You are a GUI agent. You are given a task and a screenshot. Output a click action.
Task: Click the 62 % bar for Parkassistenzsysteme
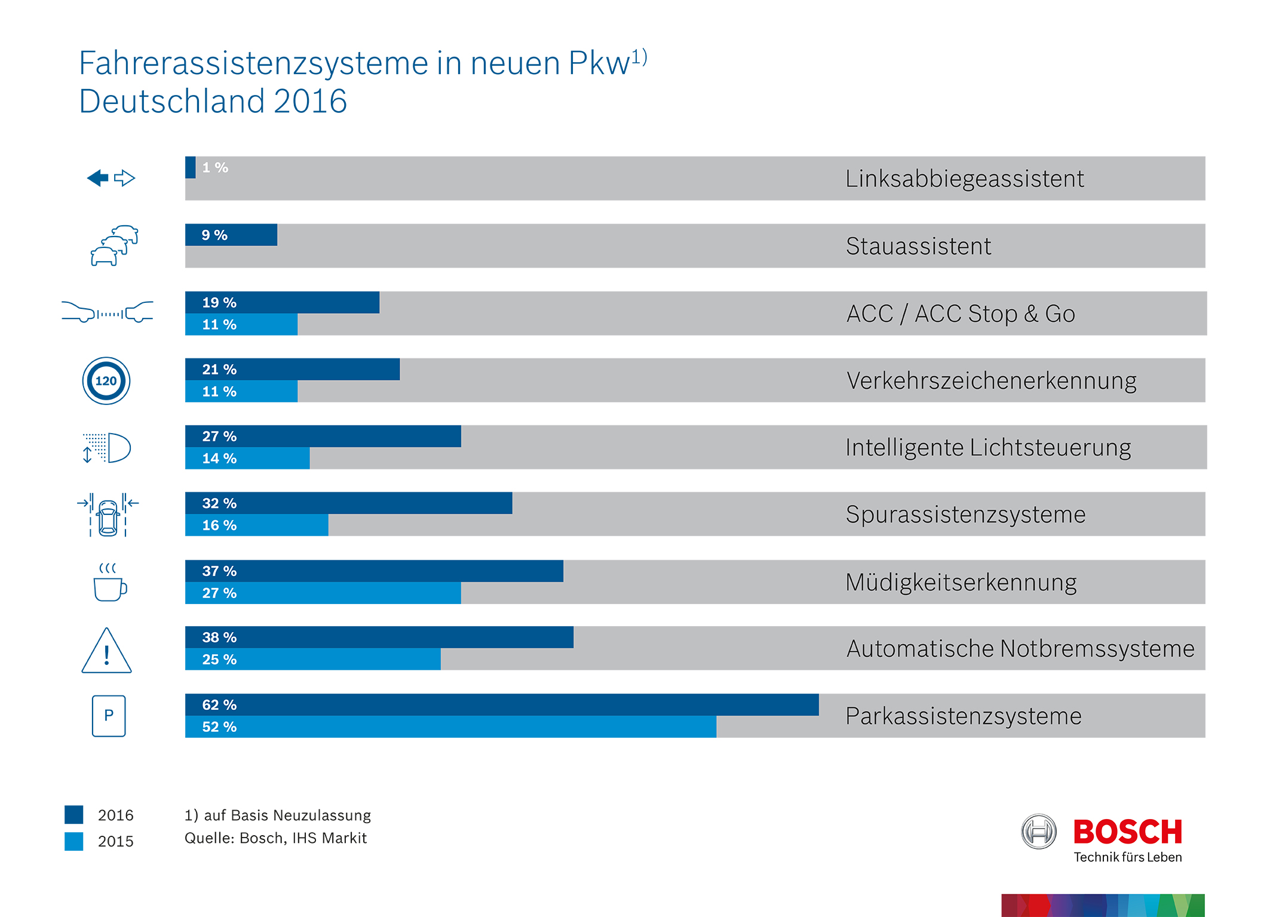click(502, 705)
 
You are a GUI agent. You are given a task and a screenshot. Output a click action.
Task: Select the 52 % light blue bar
click(450, 727)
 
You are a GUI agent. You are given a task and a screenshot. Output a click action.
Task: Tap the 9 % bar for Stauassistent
click(231, 235)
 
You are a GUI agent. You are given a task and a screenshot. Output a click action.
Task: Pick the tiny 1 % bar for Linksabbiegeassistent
click(191, 167)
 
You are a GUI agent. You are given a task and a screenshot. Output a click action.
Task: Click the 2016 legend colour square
click(74, 815)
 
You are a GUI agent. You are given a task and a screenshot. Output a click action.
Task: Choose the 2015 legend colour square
click(74, 841)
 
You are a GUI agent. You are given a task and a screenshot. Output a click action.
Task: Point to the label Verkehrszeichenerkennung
click(991, 381)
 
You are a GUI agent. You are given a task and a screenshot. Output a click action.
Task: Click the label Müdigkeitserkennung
click(961, 582)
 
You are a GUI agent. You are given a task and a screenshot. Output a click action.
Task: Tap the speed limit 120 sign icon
click(106, 381)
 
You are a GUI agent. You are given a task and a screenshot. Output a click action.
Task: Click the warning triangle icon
click(106, 652)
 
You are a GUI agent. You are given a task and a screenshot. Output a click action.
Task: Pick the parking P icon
click(109, 716)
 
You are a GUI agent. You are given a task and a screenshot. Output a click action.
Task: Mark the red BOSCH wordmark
click(1127, 832)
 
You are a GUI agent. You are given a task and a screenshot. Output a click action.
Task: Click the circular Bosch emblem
click(1039, 832)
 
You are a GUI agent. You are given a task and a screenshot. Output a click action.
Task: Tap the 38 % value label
click(219, 637)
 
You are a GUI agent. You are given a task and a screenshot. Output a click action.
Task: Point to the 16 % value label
click(219, 525)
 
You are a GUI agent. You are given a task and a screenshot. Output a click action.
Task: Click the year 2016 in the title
click(310, 101)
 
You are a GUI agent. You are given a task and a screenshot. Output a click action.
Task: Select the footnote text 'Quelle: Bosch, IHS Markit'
click(275, 838)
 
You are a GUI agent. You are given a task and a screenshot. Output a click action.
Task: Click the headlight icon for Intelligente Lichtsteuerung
click(108, 448)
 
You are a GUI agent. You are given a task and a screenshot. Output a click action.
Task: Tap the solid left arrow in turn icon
click(98, 178)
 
